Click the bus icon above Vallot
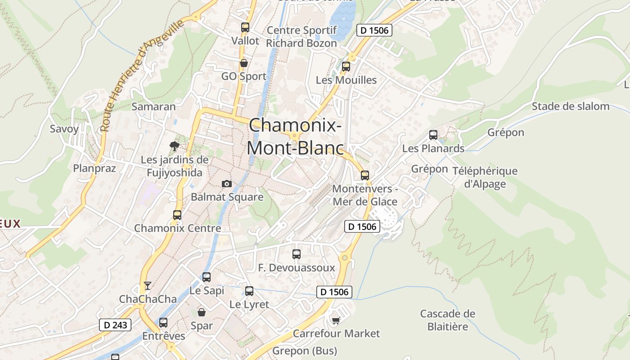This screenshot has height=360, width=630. click(x=245, y=27)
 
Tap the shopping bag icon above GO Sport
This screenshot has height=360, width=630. click(x=243, y=63)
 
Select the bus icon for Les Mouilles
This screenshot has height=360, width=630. click(x=346, y=66)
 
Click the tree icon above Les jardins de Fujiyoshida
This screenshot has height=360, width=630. click(x=174, y=146)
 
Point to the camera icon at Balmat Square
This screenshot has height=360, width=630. click(x=227, y=184)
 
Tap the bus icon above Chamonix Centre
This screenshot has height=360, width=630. click(x=177, y=215)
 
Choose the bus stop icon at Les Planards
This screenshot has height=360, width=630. click(x=433, y=135)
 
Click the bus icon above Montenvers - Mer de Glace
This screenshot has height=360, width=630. click(x=364, y=175)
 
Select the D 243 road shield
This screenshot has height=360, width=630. click(x=115, y=325)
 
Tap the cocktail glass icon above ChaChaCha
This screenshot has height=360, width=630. click(x=147, y=285)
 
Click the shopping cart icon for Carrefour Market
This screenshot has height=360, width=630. click(x=336, y=320)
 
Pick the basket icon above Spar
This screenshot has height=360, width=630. click(x=202, y=312)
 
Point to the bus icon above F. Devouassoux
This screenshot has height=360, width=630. click(x=296, y=254)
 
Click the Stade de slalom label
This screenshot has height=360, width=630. click(x=570, y=107)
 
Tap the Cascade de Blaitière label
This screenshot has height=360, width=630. click(x=447, y=320)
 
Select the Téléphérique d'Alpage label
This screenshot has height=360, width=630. click(x=485, y=177)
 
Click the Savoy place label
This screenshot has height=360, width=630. click(x=64, y=129)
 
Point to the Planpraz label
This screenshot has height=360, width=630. click(x=94, y=169)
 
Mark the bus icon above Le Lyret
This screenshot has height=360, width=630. click(x=249, y=291)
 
